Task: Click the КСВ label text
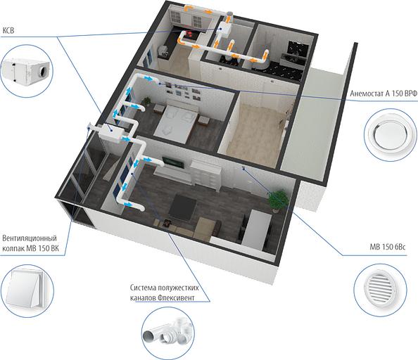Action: tap(8, 30)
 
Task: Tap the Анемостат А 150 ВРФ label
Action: tap(384, 94)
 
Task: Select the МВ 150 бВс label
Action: tap(387, 247)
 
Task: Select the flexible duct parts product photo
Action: tap(168, 333)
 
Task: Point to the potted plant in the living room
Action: tap(278, 200)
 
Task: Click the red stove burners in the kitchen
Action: tap(190, 34)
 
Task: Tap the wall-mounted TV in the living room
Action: tap(173, 162)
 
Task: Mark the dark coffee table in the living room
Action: tap(183, 207)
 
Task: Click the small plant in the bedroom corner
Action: tap(146, 101)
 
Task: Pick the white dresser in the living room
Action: tap(205, 175)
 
